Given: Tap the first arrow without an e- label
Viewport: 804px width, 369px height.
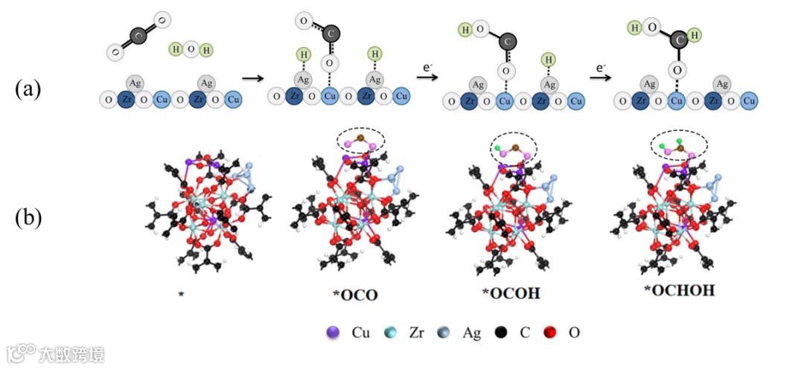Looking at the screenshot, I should (254, 77).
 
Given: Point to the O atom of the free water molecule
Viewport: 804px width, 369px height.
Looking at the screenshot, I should (191, 50).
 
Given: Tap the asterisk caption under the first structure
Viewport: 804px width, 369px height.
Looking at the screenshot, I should (181, 295).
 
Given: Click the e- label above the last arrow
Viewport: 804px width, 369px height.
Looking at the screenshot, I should (602, 68).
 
